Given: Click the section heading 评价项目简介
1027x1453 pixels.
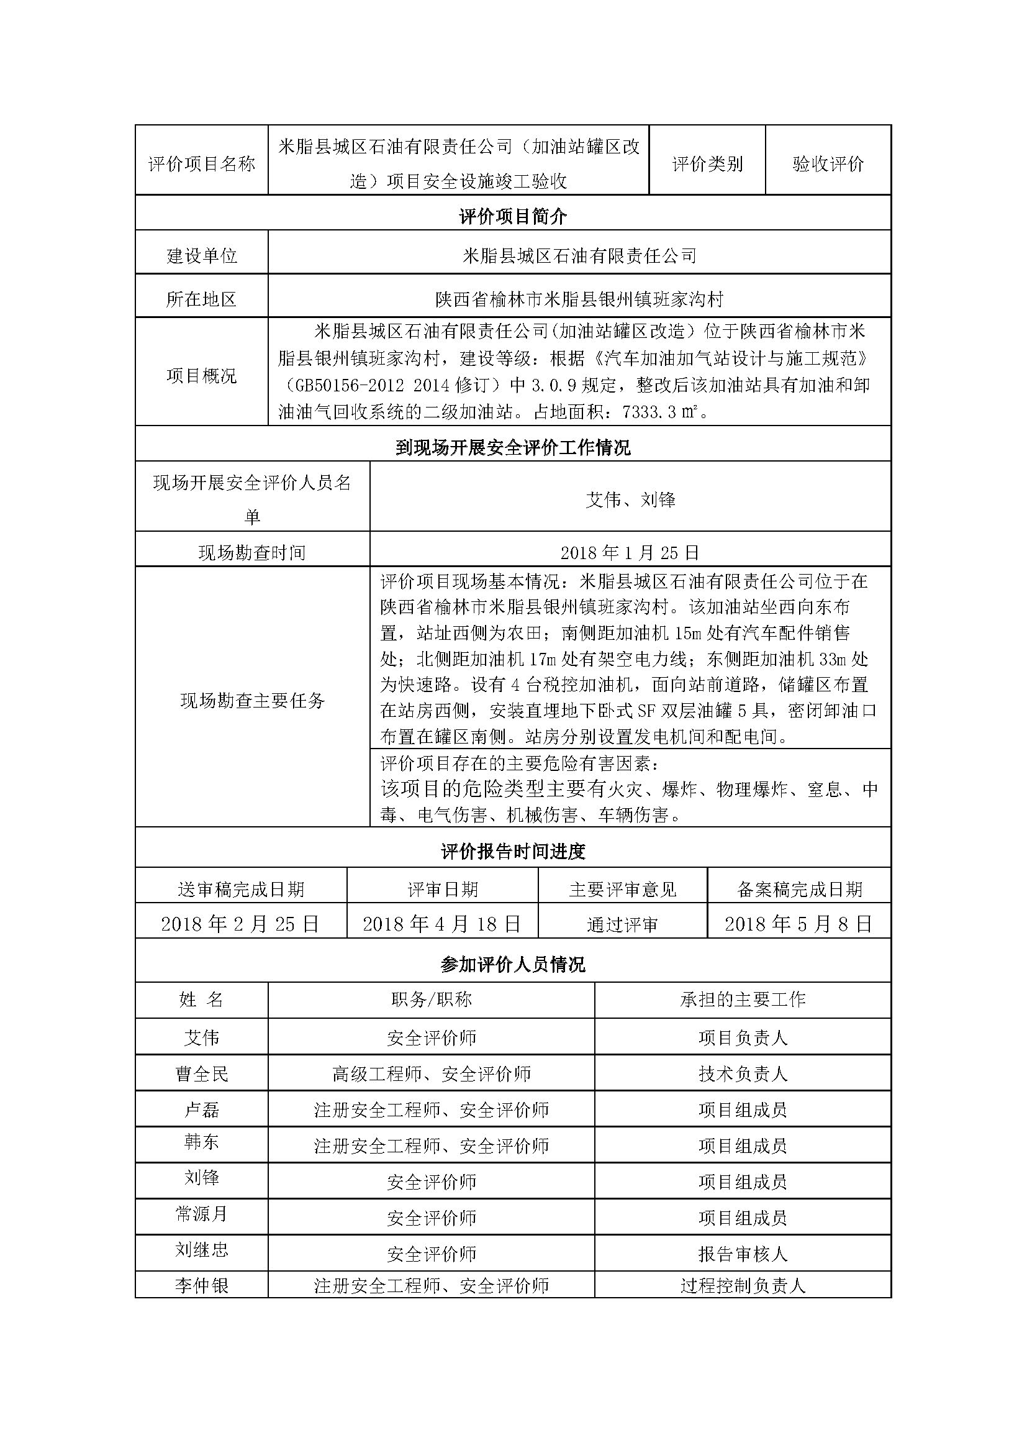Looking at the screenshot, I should click(513, 217).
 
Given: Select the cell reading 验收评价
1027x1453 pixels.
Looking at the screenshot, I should click(828, 164).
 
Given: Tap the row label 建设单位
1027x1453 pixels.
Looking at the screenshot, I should click(202, 256).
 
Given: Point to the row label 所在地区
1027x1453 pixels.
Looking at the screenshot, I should click(202, 299).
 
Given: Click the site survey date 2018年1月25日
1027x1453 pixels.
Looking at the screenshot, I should click(630, 552).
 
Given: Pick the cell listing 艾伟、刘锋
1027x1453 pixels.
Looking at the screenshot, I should click(630, 500).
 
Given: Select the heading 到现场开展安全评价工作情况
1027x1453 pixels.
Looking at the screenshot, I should click(513, 448).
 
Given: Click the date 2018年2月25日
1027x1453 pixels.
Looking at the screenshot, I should click(240, 924).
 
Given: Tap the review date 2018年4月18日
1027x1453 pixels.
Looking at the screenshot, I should click(442, 924).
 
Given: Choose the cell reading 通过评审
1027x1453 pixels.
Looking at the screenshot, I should click(622, 925).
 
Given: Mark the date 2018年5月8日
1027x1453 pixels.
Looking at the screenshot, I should click(799, 924).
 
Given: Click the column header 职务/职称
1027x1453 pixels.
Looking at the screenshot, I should click(432, 1000).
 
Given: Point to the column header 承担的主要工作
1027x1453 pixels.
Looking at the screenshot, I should click(743, 1000).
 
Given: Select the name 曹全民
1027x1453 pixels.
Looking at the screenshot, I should click(202, 1074).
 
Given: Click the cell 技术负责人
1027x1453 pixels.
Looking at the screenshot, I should click(743, 1074).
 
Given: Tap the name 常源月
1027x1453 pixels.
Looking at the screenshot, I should click(202, 1214).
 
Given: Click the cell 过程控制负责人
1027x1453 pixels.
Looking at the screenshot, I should click(743, 1286).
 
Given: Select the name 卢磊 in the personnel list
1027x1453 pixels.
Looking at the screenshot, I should click(202, 1109).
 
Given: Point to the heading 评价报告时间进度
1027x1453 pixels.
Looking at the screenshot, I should click(513, 852).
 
